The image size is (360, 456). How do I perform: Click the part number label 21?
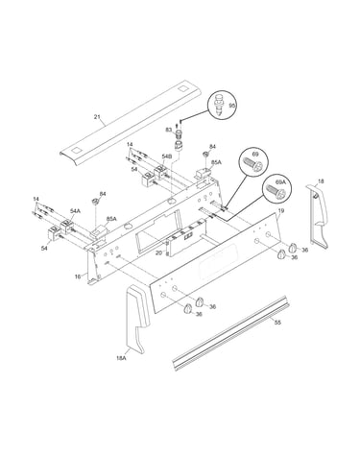click(97, 117)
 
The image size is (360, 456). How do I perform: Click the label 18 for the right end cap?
click(321, 181)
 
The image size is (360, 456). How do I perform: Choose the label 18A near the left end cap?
click(121, 358)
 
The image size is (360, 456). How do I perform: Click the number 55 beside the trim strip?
click(277, 323)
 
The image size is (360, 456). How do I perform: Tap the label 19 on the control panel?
click(281, 210)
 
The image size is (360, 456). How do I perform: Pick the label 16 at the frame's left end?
click(78, 276)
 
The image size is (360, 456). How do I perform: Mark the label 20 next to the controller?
click(159, 252)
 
